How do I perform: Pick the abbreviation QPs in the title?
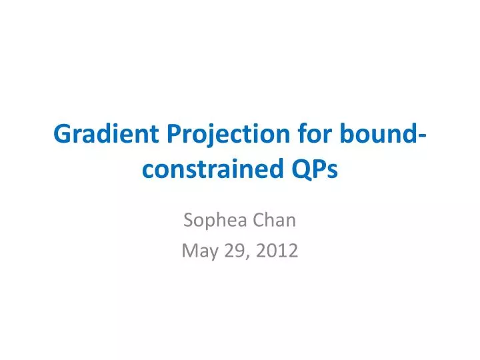pyautogui.click(x=315, y=171)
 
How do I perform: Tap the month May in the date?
pyautogui.click(x=197, y=251)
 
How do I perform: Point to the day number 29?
pyautogui.click(x=233, y=251)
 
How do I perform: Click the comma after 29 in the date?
pyautogui.click(x=246, y=257)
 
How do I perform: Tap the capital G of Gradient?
pyautogui.click(x=61, y=135)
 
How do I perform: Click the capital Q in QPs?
pyautogui.click(x=300, y=171)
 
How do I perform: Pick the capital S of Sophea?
pyautogui.click(x=189, y=220)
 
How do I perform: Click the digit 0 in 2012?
pyautogui.click(x=271, y=251)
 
